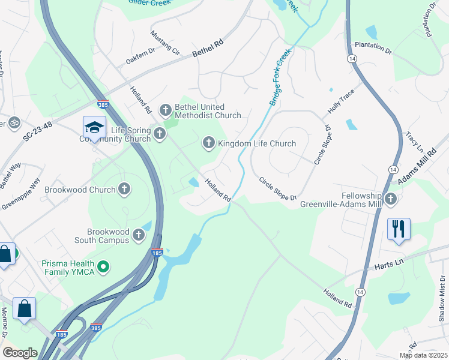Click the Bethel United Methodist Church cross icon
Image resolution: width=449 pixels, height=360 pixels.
pyautogui.click(x=165, y=110)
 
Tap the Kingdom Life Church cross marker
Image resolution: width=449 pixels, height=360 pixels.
pyautogui.click(x=208, y=143)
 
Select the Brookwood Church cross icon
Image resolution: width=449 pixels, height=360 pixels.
pyautogui.click(x=124, y=190)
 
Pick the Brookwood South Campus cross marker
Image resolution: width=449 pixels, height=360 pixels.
pyautogui.click(x=139, y=235)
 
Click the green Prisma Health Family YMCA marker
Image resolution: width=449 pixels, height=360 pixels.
pyautogui.click(x=103, y=265)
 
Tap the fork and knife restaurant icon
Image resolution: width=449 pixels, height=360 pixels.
pyautogui.click(x=399, y=229)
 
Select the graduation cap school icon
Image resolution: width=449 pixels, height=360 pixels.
pyautogui.click(x=94, y=127)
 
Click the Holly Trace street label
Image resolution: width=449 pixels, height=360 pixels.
pyautogui.click(x=341, y=103)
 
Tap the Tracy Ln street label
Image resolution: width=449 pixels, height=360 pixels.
pyautogui.click(x=414, y=143)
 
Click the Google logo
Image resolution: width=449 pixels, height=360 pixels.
pyautogui.click(x=20, y=352)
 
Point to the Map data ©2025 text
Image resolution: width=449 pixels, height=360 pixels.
pyautogui.click(x=423, y=355)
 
